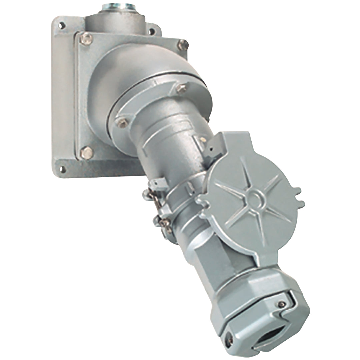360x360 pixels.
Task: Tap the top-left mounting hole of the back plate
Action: pyautogui.click(x=61, y=25)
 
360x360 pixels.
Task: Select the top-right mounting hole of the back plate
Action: pyautogui.click(x=152, y=32)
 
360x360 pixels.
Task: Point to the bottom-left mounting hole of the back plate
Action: pyautogui.click(x=62, y=168)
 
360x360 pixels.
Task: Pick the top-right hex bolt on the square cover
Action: pyautogui.click(x=182, y=45)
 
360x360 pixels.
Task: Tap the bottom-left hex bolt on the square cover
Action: pyautogui.click(x=87, y=153)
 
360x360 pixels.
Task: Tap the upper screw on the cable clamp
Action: pyautogui.click(x=282, y=304)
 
